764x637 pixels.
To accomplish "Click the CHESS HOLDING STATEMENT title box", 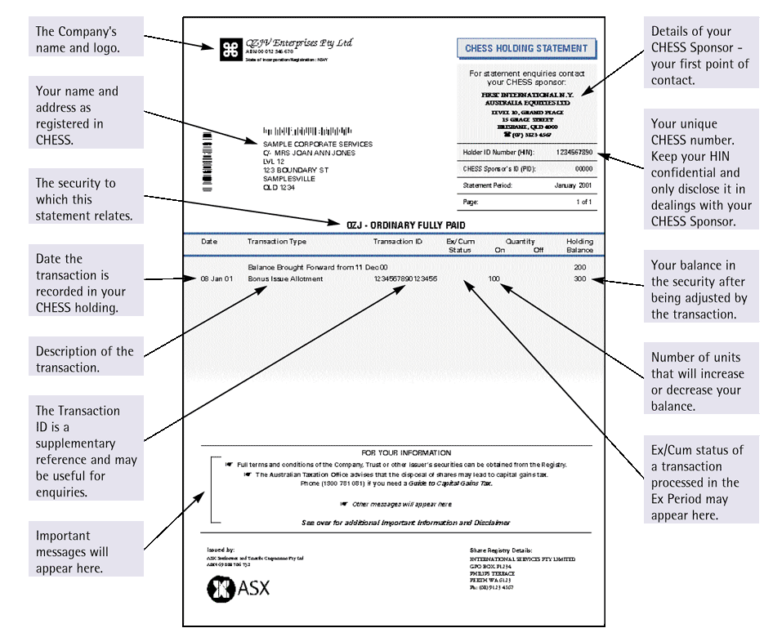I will click(525, 48).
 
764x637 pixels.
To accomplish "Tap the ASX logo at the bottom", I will click(238, 587).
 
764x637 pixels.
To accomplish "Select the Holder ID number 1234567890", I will click(574, 153).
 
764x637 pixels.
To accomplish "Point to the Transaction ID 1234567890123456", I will click(405, 279).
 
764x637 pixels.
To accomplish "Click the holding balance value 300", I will click(579, 279).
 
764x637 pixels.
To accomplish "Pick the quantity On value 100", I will click(494, 279).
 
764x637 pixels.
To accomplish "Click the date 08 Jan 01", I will click(217, 279).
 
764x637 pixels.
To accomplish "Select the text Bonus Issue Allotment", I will click(285, 279).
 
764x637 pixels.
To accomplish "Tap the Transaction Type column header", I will click(277, 242).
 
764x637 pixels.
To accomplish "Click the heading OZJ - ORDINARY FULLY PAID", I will click(406, 225).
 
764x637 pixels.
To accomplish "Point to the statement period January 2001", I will click(573, 185).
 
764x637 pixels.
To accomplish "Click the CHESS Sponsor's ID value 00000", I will click(583, 169).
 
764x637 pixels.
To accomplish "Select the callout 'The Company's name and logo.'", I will click(86, 39).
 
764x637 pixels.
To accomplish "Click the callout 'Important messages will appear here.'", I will click(86, 552).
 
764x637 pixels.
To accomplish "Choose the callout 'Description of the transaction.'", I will click(86, 359).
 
